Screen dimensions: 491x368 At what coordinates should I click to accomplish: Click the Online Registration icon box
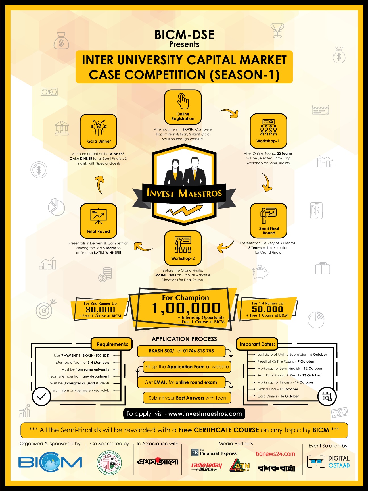183,107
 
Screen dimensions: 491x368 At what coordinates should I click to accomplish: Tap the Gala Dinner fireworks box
99,131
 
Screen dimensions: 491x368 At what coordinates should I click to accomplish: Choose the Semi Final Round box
268,220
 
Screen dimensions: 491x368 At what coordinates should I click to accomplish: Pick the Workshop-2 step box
183,248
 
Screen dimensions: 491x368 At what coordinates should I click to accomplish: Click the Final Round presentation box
99,221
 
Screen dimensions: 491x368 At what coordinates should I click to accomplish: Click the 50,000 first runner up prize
267,309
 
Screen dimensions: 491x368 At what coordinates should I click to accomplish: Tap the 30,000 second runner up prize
100,309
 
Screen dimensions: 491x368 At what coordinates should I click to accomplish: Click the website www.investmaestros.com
205,414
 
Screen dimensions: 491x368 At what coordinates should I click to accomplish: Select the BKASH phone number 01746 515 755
198,351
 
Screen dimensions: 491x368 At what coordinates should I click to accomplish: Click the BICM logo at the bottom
50,462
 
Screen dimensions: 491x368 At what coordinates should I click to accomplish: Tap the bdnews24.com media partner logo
275,454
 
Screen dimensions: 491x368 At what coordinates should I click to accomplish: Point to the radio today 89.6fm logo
206,467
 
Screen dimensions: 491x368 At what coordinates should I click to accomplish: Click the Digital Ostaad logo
328,462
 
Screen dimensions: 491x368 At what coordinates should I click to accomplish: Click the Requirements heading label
112,344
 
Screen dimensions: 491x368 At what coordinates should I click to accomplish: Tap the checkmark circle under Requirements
41,396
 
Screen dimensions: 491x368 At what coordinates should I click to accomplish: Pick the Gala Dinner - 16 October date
278,396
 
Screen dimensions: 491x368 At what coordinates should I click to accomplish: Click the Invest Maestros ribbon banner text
184,194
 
